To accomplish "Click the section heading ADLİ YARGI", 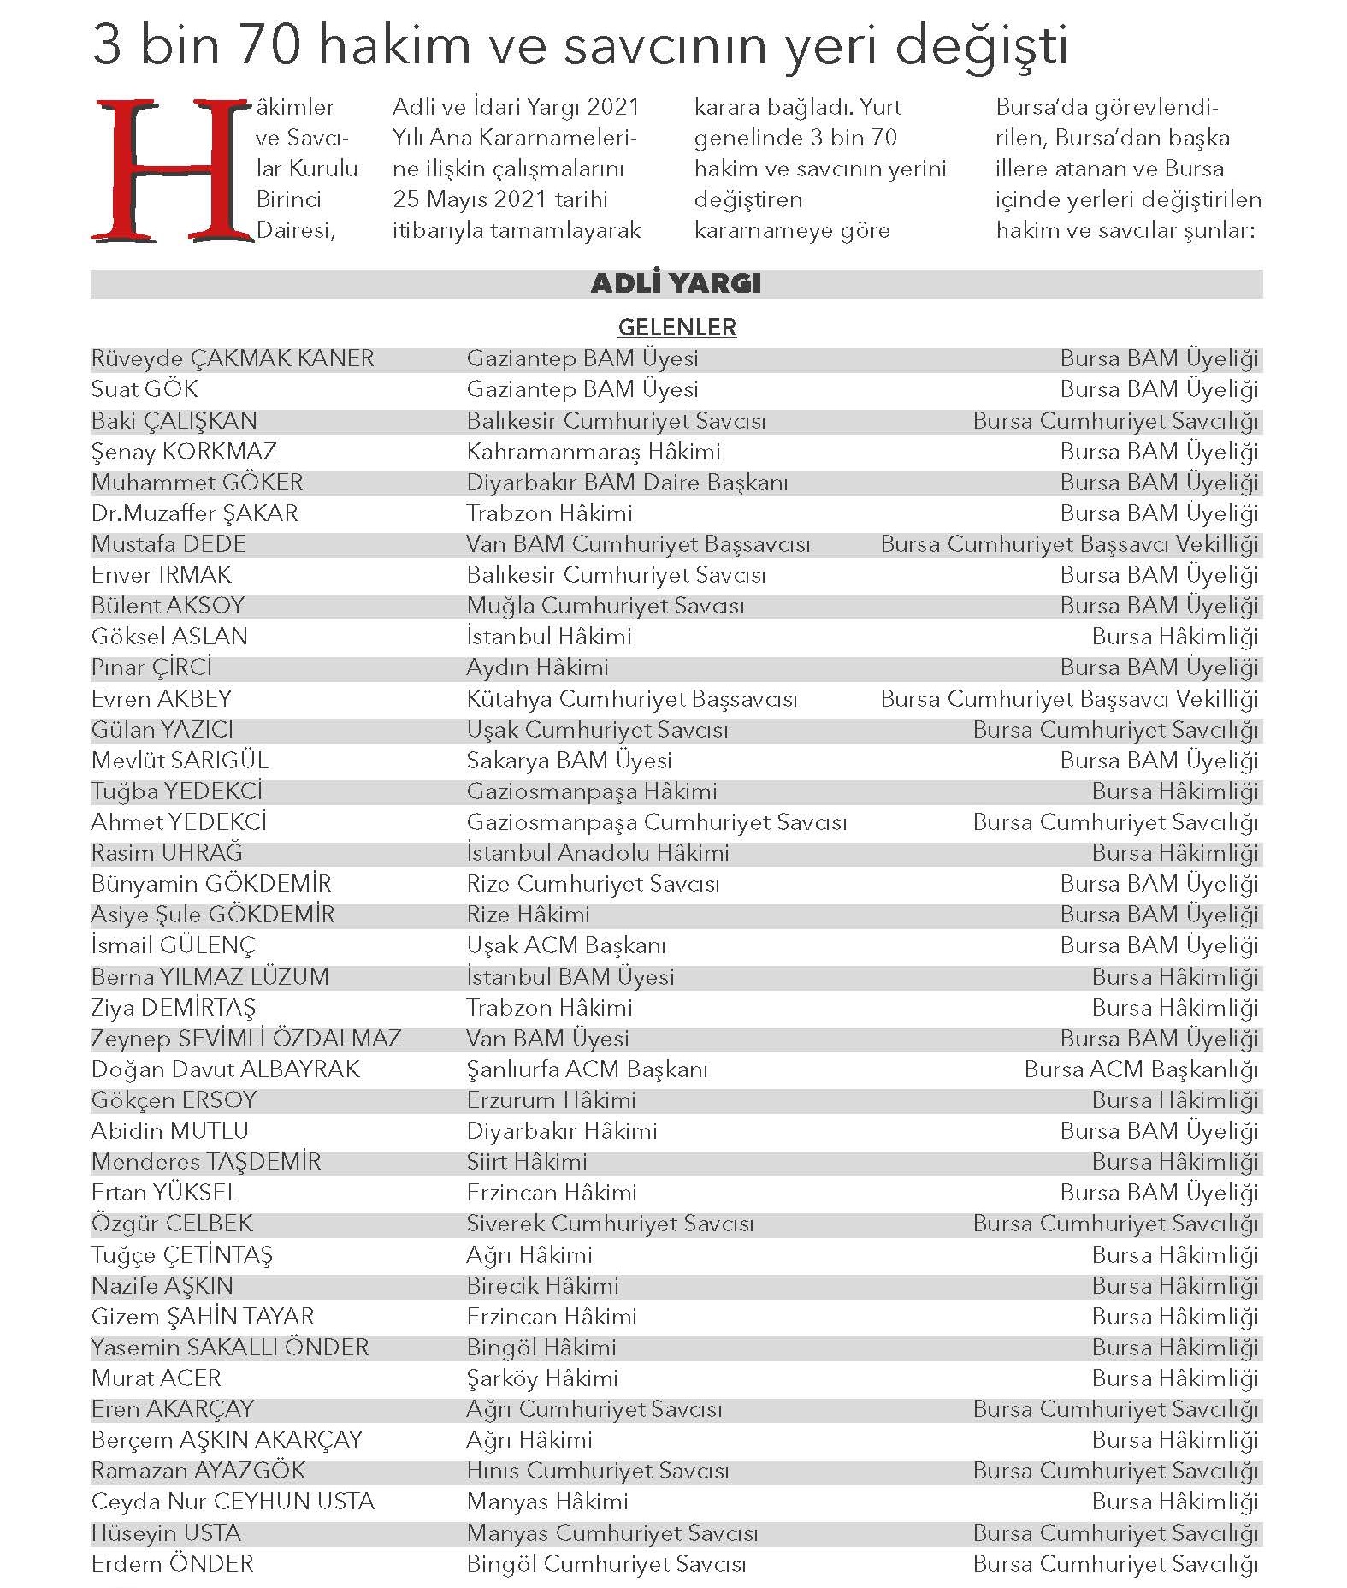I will coord(676,283).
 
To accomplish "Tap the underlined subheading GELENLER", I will coord(676,327).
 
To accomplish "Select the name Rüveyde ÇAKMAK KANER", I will coord(233,358).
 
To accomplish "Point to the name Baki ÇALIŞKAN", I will coord(174,421).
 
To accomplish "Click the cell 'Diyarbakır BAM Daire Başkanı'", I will coord(627,483).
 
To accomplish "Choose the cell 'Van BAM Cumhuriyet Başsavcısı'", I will coord(638,544).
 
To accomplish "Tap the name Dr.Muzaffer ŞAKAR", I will coord(194,513).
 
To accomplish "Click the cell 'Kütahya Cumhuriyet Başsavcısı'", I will coord(631,699).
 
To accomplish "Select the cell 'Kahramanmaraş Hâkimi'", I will coord(593,452).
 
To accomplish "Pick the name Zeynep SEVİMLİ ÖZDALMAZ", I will coord(246,1039).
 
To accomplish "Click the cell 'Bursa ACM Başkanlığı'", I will coord(1141,1070).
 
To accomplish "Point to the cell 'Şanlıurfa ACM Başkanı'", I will coord(587,1070).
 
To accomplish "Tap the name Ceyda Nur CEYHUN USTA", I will coord(233,1502).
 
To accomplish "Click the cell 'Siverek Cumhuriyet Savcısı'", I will coord(610,1224).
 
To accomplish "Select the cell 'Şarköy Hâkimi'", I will coord(541,1378).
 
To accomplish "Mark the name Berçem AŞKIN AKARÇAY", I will coord(227,1440).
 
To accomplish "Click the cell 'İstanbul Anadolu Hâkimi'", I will coord(597,853).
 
